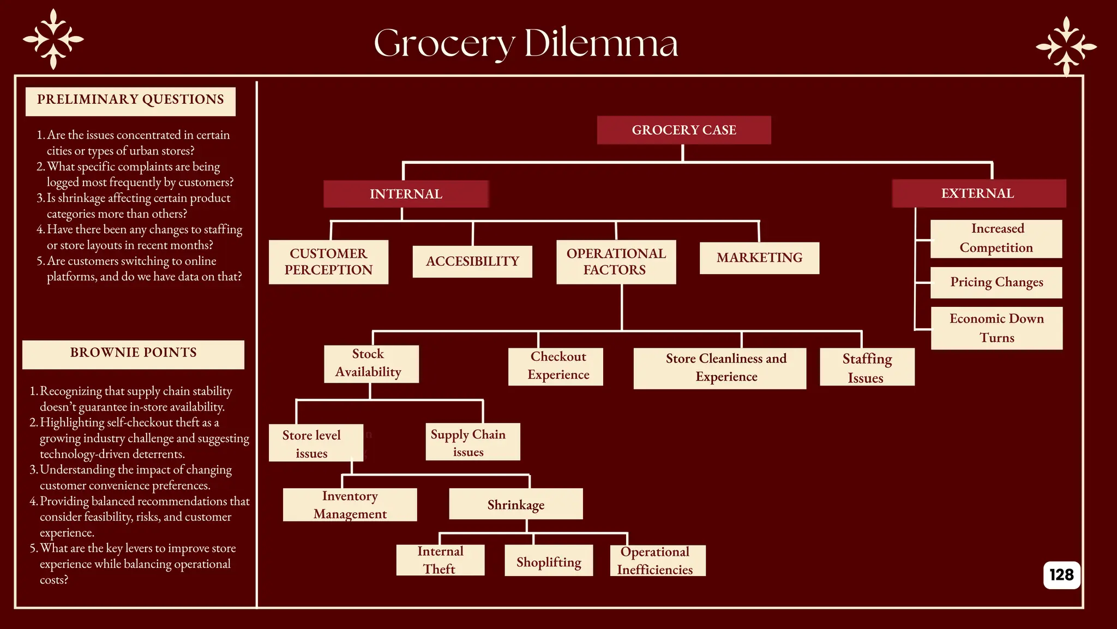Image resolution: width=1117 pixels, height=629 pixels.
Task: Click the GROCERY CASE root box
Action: [x=683, y=130]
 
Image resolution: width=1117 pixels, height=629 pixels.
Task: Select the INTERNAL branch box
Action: [x=406, y=194]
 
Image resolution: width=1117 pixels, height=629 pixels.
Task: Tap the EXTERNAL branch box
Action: [x=978, y=193]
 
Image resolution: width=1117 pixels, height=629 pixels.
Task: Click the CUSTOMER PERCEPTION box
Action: [x=328, y=262]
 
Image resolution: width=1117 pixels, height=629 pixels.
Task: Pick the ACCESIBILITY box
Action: [x=472, y=262]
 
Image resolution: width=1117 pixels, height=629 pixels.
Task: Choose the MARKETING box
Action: [x=759, y=258]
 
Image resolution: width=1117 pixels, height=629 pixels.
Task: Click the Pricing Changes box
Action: [x=996, y=282]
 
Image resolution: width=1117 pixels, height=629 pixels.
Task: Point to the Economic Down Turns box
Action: [x=996, y=328]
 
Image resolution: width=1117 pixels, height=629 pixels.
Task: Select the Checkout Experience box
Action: [x=555, y=366]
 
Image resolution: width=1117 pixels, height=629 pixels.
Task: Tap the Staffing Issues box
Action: [x=867, y=367]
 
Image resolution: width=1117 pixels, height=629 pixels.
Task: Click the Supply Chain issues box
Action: [x=472, y=442]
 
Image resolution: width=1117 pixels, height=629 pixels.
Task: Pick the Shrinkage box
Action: [x=515, y=505]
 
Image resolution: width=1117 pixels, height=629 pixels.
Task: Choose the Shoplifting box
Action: [x=548, y=561]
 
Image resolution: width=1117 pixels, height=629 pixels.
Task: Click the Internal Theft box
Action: [x=440, y=560]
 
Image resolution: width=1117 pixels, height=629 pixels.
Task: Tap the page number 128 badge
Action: [x=1061, y=575]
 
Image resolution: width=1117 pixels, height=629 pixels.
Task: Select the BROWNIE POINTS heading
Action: [x=133, y=353]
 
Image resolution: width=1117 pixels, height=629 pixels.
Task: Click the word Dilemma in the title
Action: [x=601, y=44]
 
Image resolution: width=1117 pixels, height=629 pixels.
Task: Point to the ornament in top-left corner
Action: [x=53, y=39]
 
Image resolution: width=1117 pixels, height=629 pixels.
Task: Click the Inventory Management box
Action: [x=350, y=505]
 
